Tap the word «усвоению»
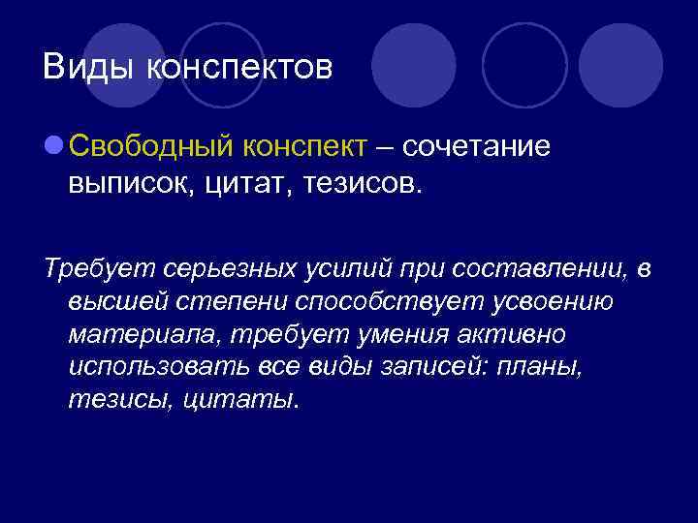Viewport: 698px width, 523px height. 551,300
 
